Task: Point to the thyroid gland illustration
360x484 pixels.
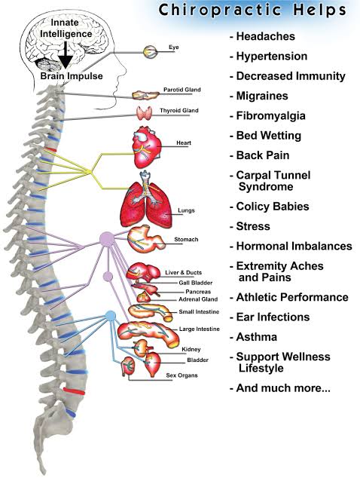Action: pyautogui.click(x=145, y=113)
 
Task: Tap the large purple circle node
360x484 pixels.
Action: pyautogui.click(x=107, y=240)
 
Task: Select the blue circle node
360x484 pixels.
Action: pyautogui.click(x=110, y=315)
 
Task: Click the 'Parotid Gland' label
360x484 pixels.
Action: pyautogui.click(x=181, y=90)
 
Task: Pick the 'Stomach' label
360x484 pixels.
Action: pyautogui.click(x=186, y=240)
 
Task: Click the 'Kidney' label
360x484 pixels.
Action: pyautogui.click(x=191, y=349)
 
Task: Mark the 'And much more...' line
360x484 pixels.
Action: pyautogui.click(x=279, y=388)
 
